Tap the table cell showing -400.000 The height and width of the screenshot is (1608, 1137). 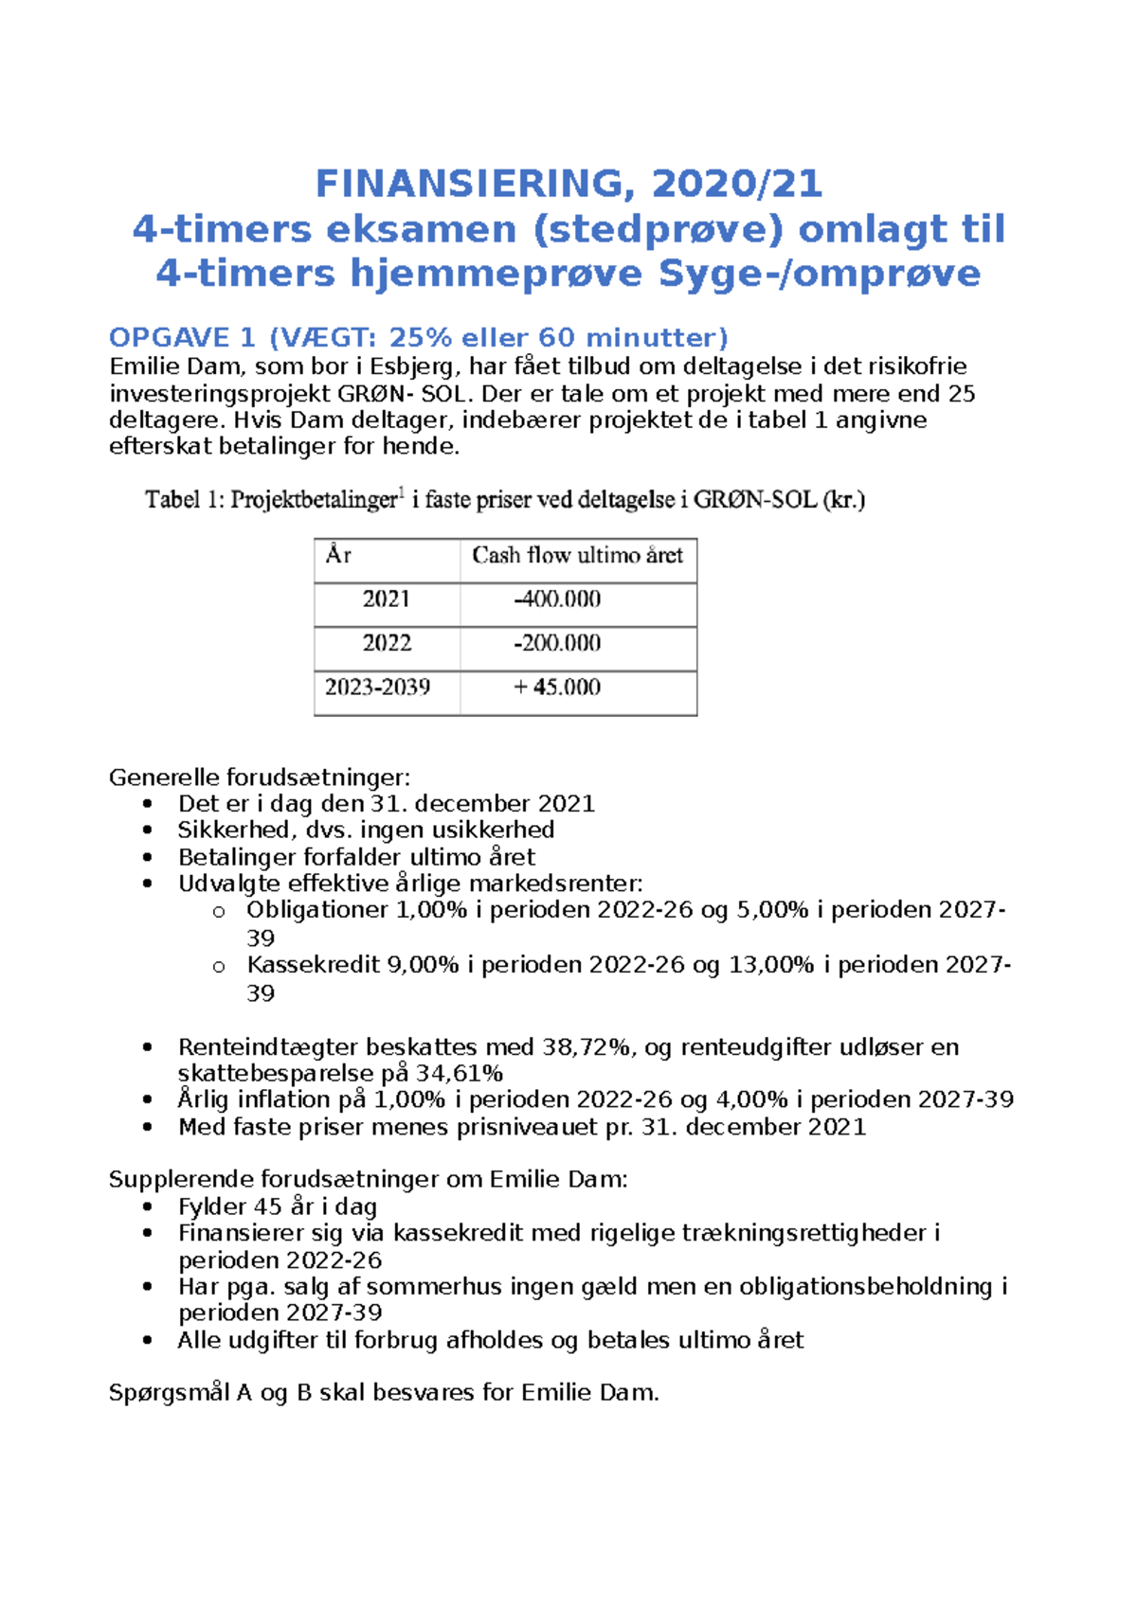(557, 599)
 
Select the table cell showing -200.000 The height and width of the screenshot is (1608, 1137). (557, 644)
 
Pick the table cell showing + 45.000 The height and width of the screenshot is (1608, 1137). (557, 688)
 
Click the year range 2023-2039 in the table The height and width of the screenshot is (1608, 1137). (377, 688)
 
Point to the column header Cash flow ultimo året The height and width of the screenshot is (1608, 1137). (577, 556)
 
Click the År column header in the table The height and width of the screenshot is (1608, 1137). (338, 556)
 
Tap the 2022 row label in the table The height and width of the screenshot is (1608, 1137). (386, 644)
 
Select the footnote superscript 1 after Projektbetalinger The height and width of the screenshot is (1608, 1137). (402, 491)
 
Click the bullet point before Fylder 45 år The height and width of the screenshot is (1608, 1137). (147, 1207)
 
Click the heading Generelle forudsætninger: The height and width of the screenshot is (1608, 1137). (260, 778)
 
